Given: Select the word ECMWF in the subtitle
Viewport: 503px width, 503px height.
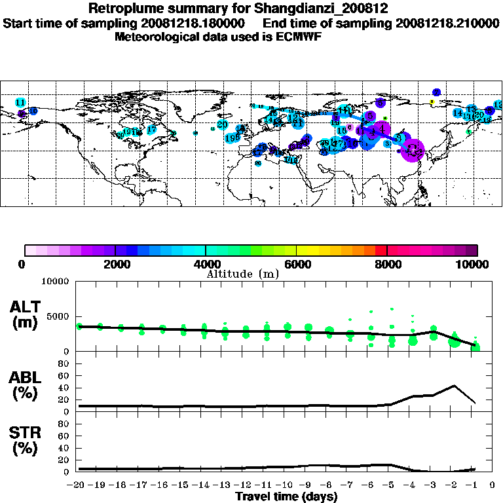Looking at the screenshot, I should (x=299, y=37).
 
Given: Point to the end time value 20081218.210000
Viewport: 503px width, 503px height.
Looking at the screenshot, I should (x=445, y=23).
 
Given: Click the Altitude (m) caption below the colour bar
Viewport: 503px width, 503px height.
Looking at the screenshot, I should (x=242, y=274).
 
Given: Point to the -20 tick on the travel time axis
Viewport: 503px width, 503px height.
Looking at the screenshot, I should (x=79, y=485).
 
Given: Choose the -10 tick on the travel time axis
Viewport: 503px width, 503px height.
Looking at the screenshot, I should (x=287, y=485).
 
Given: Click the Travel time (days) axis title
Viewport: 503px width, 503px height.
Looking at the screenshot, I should (x=287, y=496).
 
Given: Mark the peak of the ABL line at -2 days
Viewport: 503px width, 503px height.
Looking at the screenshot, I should (x=454, y=385).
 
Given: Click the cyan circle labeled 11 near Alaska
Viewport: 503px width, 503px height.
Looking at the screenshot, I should (x=20, y=103).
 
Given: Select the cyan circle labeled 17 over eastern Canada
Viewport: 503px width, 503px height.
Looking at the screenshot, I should (x=151, y=130).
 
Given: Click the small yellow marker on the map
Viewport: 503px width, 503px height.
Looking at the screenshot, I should (x=432, y=102).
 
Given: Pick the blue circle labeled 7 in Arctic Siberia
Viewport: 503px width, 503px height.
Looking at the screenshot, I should (x=437, y=92).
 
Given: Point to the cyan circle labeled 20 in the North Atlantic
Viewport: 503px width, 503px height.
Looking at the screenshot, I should (x=223, y=124).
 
